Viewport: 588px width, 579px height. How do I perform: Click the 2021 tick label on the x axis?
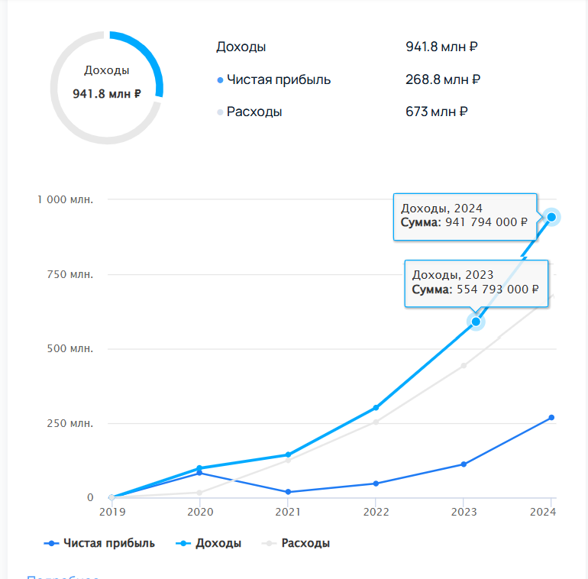(287, 512)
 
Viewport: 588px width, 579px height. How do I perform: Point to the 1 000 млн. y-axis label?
(66, 199)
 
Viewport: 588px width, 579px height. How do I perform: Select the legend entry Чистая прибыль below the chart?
(108, 543)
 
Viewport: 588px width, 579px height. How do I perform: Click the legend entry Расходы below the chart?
(305, 543)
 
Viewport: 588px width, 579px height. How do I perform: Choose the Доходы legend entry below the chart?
(218, 543)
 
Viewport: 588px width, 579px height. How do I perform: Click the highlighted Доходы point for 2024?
(551, 217)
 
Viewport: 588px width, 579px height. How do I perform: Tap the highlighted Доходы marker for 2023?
(476, 322)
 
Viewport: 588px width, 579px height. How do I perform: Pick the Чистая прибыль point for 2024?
(551, 418)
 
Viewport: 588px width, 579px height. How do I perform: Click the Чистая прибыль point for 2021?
(287, 492)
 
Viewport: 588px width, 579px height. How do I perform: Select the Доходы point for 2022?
(376, 408)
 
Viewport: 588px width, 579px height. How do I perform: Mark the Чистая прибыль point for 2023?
(464, 464)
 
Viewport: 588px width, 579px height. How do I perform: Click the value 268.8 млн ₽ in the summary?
(443, 79)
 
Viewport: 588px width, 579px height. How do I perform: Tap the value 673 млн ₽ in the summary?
(437, 112)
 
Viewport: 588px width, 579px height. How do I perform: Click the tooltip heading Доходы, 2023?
(453, 275)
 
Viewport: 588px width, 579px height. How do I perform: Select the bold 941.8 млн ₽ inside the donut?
(107, 94)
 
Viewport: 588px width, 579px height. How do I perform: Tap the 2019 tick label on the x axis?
(111, 512)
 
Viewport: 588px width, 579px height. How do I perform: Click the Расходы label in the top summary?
(254, 112)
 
